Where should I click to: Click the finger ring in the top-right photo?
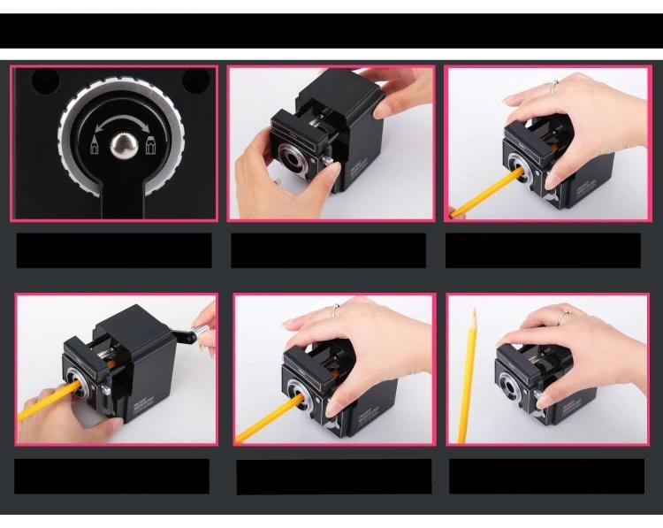click(x=554, y=87)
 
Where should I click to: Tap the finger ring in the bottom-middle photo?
click(x=337, y=310)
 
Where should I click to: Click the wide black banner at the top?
click(x=331, y=30)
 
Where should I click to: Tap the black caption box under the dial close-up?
click(x=114, y=250)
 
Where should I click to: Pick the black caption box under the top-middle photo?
click(x=328, y=250)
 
